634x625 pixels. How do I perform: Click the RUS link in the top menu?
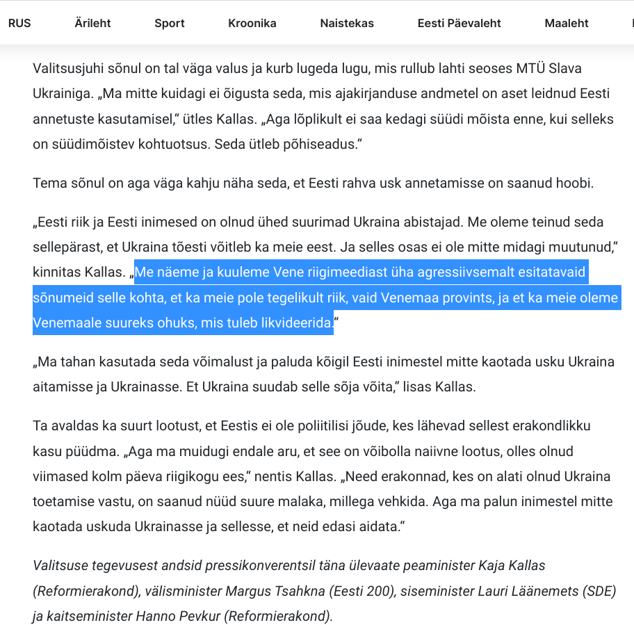click(x=19, y=23)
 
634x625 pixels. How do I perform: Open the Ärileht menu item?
click(x=92, y=23)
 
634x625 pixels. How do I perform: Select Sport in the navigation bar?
click(x=170, y=23)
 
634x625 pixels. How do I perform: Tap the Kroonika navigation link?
click(x=252, y=23)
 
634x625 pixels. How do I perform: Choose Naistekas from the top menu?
click(x=347, y=23)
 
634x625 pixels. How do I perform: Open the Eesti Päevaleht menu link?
click(x=460, y=23)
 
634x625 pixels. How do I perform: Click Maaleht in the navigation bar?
click(x=567, y=23)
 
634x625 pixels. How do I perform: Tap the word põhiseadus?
click(x=325, y=145)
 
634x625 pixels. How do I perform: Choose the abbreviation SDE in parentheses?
click(x=599, y=591)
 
